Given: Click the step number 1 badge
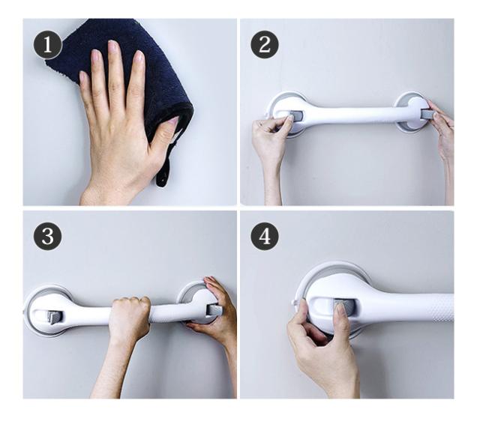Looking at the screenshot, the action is point(47,45).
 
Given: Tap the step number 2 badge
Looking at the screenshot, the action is point(265,45).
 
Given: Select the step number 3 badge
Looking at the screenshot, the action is point(47,236).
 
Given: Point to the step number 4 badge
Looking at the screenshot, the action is point(265,236).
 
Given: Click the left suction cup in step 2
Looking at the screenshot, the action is point(283,114).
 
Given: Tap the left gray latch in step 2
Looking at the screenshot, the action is point(296,116).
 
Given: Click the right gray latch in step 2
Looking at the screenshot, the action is point(427,114).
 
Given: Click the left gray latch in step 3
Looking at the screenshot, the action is point(55,318).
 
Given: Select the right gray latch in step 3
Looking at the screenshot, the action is point(214,309).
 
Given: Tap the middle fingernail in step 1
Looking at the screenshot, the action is point(113,46).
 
